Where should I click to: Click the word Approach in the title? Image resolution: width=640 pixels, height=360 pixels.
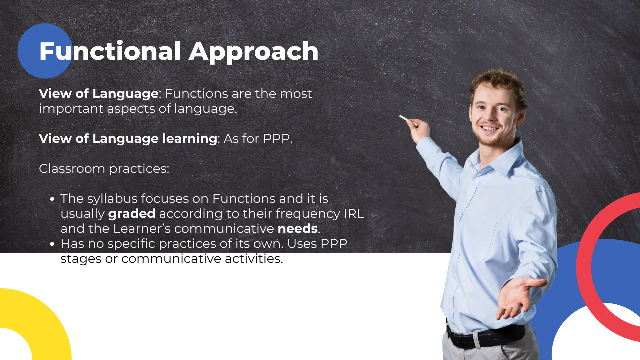click(x=253, y=52)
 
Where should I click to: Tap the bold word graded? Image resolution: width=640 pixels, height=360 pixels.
click(x=132, y=214)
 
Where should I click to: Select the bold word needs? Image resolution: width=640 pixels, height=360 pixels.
click(x=298, y=229)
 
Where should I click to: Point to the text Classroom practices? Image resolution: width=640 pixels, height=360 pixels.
click(x=104, y=169)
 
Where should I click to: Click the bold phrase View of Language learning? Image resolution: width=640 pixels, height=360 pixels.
click(x=128, y=138)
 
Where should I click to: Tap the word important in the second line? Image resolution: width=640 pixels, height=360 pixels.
click(x=71, y=109)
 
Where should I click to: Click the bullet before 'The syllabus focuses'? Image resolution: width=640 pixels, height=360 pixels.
click(x=52, y=199)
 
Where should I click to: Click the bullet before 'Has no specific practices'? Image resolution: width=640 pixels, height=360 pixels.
click(x=52, y=244)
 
